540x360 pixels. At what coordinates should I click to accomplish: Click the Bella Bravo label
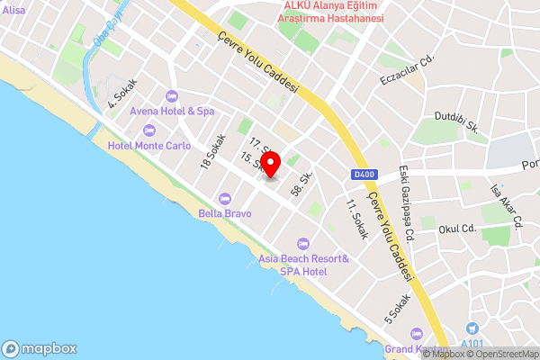pos(224,213)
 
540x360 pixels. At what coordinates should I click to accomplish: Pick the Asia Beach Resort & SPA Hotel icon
pos(302,243)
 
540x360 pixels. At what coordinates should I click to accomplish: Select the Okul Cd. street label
pos(456,229)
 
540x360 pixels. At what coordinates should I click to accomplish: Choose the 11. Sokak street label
pos(356,220)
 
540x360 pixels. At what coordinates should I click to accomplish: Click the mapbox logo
pos(40,349)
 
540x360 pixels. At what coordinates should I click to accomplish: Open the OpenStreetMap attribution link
pos(498,354)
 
